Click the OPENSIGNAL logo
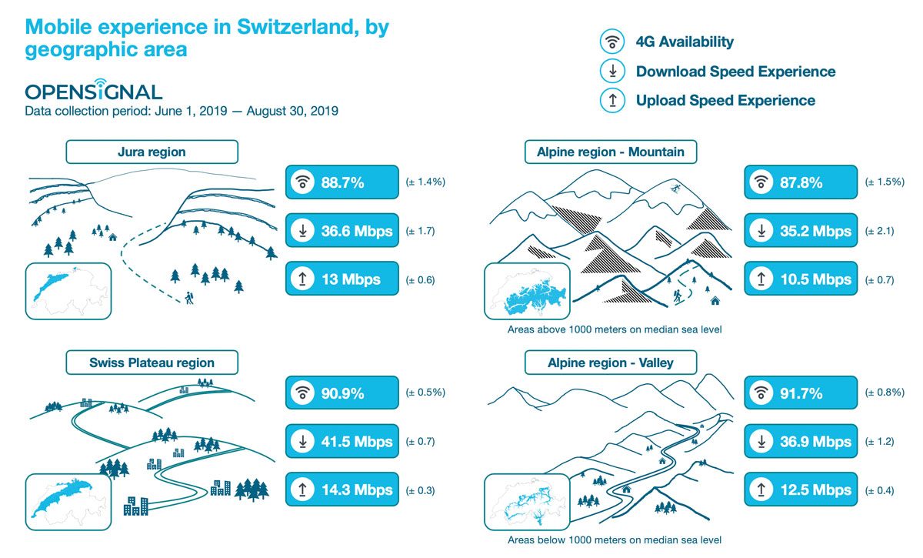click(x=94, y=90)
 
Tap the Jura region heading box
click(x=152, y=152)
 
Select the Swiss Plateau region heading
click(x=152, y=363)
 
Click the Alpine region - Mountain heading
click(x=610, y=152)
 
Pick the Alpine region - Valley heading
click(x=610, y=363)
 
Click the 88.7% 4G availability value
click(x=342, y=182)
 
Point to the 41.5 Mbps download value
click(x=357, y=441)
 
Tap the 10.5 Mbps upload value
click(x=816, y=279)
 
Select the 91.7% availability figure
click(x=801, y=393)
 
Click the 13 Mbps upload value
click(x=351, y=279)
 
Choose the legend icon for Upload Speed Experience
click(x=612, y=100)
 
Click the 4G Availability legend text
click(x=685, y=42)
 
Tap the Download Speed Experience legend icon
click(x=612, y=71)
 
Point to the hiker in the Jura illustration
click(x=189, y=298)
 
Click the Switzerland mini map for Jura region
click(x=68, y=291)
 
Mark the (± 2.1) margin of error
click(x=879, y=231)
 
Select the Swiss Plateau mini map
click(x=68, y=502)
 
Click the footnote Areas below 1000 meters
click(x=615, y=540)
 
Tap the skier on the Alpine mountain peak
click(x=675, y=189)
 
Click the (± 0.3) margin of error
click(x=420, y=490)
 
